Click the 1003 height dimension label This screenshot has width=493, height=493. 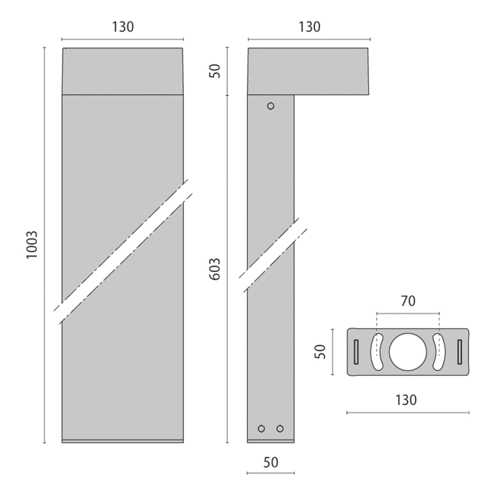tap(32, 245)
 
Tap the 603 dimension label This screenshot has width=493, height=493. tap(214, 269)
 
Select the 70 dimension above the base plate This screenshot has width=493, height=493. tap(408, 302)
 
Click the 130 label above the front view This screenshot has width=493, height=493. tap(123, 27)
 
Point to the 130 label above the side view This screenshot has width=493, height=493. tap(309, 27)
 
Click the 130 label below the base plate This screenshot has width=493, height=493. tap(406, 400)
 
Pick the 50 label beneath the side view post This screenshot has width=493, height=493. tap(271, 463)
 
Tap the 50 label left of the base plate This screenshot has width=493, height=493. tap(320, 352)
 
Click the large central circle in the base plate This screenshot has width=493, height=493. tap(408, 352)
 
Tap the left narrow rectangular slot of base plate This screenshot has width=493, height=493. tap(356, 352)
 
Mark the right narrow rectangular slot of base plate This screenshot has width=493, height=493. tap(460, 352)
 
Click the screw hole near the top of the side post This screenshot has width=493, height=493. tap(271, 106)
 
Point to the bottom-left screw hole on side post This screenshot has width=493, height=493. tap(261, 428)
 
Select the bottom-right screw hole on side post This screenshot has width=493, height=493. tap(280, 428)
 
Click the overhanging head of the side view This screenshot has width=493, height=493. tap(308, 71)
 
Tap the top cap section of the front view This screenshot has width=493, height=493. tap(122, 71)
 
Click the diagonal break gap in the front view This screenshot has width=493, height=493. tap(123, 252)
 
